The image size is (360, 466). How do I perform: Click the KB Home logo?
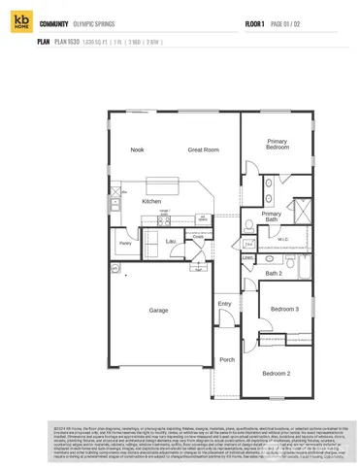(20, 24)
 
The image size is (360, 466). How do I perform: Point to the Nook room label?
(138, 150)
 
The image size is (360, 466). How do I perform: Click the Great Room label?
(203, 150)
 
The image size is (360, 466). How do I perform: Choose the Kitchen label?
(151, 201)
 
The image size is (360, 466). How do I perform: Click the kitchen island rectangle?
(171, 184)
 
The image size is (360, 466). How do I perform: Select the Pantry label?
(125, 244)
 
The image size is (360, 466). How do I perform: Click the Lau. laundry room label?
(170, 241)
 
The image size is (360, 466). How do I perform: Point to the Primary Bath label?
(271, 216)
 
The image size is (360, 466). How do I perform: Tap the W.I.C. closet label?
(282, 239)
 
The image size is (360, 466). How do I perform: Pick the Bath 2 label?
(274, 273)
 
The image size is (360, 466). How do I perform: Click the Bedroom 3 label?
(283, 309)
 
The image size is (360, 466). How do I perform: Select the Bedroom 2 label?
(278, 373)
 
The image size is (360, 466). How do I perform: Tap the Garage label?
(158, 311)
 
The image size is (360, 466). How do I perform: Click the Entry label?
(224, 304)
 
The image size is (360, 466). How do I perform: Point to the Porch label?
(226, 360)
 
